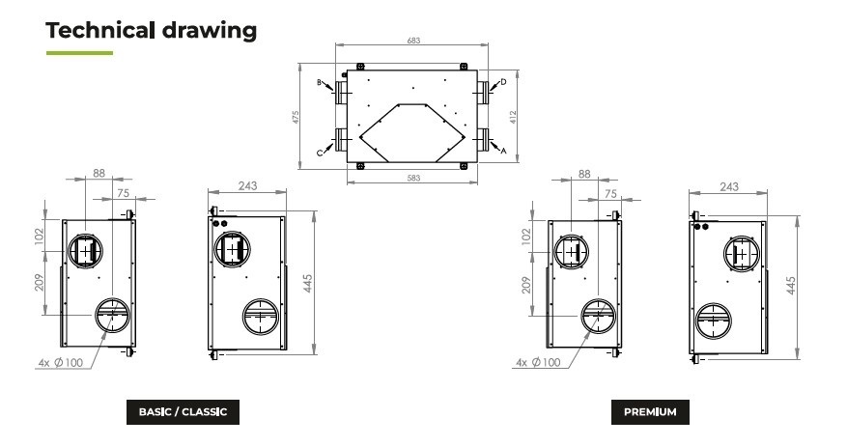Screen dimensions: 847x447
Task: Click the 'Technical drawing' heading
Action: click(x=152, y=30)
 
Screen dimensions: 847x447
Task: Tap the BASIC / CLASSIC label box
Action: click(x=183, y=412)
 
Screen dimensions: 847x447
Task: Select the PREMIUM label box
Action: click(x=650, y=412)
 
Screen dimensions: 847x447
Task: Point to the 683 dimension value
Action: click(x=413, y=41)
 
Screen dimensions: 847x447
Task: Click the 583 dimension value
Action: click(x=413, y=178)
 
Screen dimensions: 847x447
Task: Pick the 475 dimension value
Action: click(x=296, y=117)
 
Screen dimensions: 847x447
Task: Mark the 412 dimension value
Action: click(x=513, y=117)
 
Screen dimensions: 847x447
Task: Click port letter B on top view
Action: click(x=320, y=83)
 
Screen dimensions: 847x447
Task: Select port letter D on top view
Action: click(x=503, y=82)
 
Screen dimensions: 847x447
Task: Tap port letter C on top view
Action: click(x=320, y=154)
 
